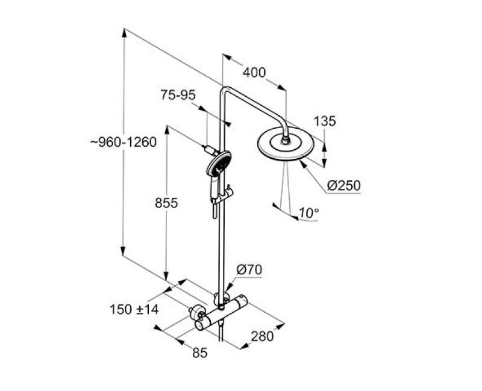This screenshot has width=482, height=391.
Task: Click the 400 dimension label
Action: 254,73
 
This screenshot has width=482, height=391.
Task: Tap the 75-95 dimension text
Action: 178,95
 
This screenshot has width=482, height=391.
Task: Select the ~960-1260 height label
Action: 124,142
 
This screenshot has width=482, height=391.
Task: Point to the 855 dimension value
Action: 166,203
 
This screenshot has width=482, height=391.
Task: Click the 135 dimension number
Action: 325,122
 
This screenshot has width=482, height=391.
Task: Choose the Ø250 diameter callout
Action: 343,185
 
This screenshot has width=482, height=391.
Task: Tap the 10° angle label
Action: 308,213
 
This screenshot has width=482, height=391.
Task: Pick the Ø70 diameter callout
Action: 249,269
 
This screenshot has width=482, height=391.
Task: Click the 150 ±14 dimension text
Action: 134,309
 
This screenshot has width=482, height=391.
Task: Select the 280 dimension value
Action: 262,336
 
